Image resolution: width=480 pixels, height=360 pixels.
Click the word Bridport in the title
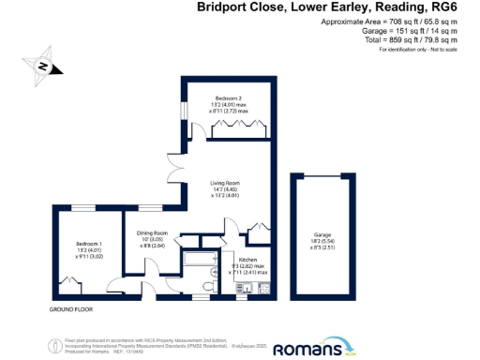223,7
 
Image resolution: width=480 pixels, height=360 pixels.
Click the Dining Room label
153,232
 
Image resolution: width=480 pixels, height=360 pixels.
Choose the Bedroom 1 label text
90,244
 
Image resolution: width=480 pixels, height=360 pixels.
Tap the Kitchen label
248,259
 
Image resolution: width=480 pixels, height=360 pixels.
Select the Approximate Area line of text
389,21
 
